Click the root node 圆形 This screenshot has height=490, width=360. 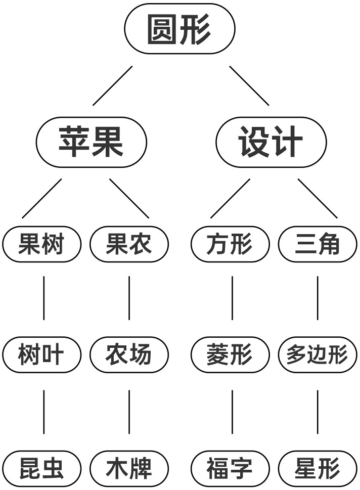click(179, 29)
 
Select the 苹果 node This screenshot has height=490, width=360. click(92, 142)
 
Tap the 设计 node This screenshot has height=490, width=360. click(271, 142)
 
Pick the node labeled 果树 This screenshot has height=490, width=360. click(42, 244)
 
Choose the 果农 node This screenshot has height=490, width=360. click(129, 244)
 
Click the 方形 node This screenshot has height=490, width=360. click(230, 244)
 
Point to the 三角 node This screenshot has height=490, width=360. click(318, 244)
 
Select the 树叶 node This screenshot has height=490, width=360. click(42, 355)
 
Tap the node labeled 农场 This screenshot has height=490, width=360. click(129, 355)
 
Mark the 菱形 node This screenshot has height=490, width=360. click(230, 355)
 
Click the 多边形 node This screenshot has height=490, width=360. click(318, 355)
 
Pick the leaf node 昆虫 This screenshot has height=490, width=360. click(42, 468)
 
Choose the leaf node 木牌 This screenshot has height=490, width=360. click(129, 468)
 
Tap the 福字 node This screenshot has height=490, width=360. click(230, 468)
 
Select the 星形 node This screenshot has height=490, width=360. click(318, 468)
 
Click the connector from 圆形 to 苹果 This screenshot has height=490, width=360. click(112, 85)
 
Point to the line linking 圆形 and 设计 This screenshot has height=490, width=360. click(249, 85)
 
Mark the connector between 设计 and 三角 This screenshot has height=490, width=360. click(318, 198)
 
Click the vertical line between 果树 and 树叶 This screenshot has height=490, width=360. click(43, 298)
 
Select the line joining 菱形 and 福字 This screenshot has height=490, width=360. click(232, 412)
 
